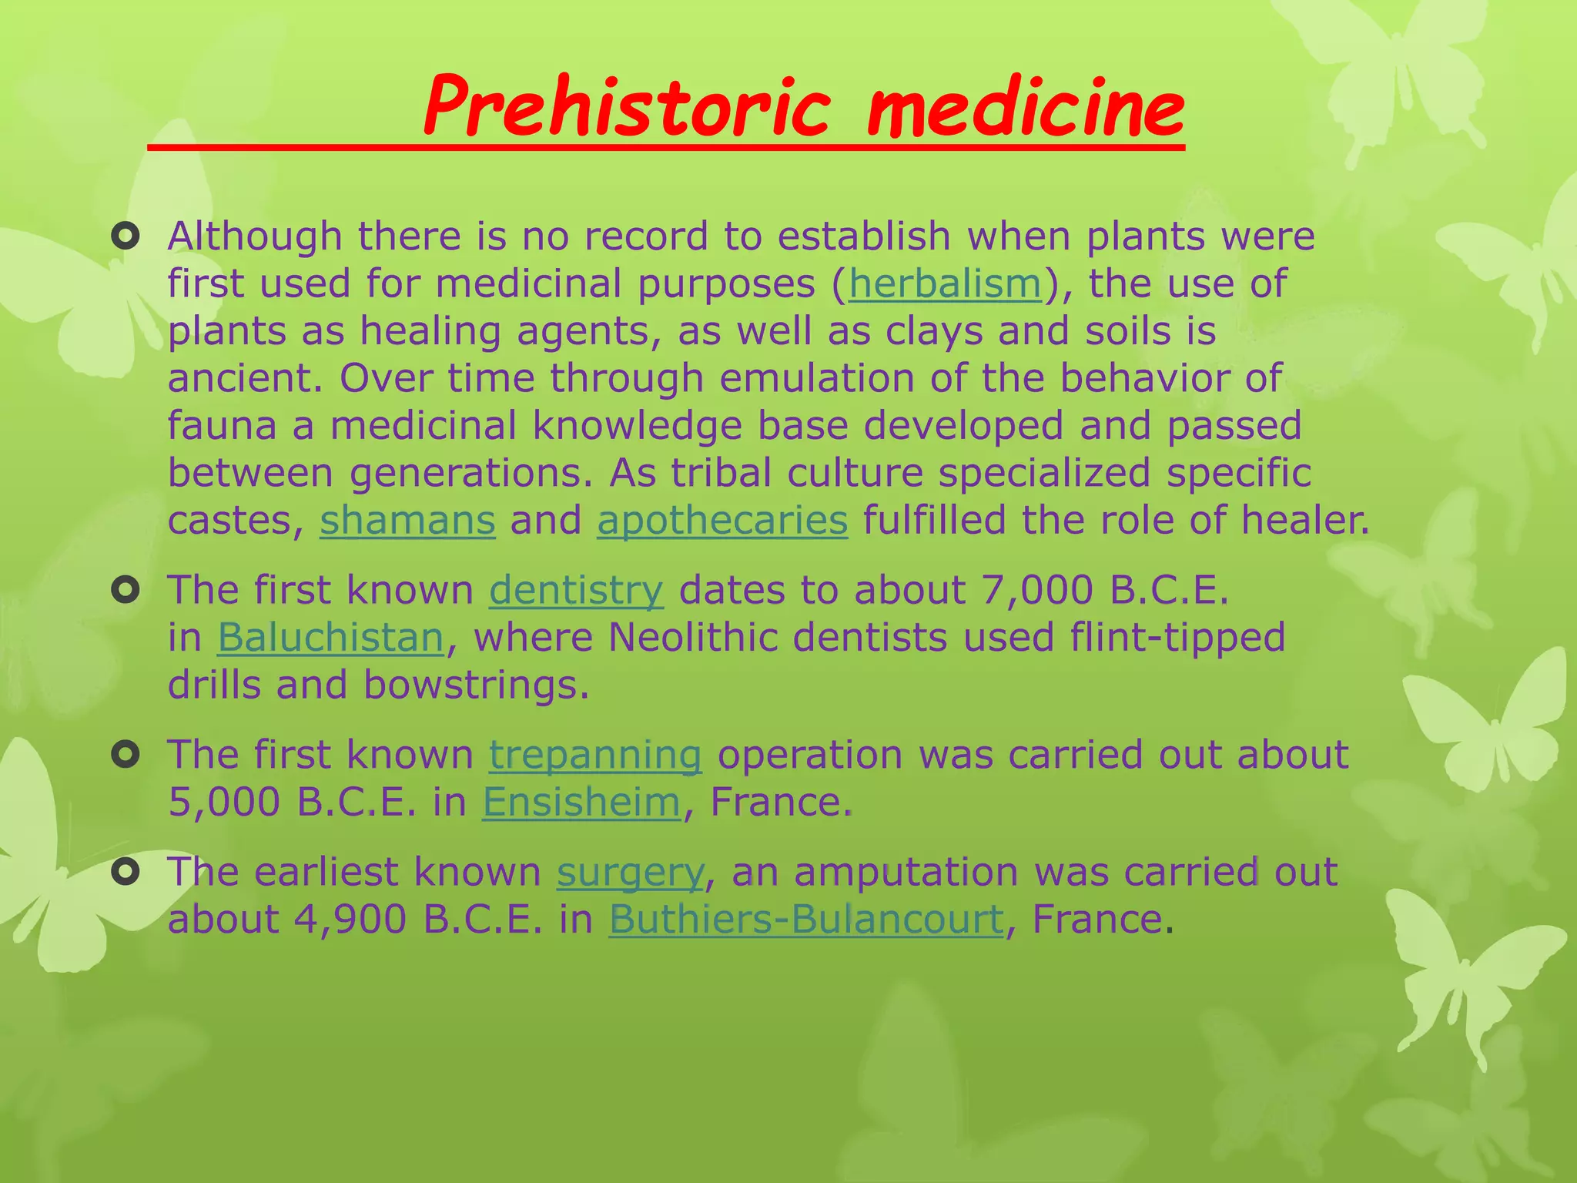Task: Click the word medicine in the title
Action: pyautogui.click(x=1025, y=108)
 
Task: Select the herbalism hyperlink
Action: pyautogui.click(x=945, y=283)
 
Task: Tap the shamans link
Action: pyautogui.click(x=407, y=520)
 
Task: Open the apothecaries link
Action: pyautogui.click(x=722, y=520)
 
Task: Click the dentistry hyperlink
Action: pyautogui.click(x=576, y=590)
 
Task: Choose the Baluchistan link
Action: pyautogui.click(x=331, y=638)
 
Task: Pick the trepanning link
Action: pyautogui.click(x=595, y=755)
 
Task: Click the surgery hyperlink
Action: pyautogui.click(x=630, y=872)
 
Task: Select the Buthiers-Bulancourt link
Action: pyautogui.click(x=806, y=919)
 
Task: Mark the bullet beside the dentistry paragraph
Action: pyautogui.click(x=125, y=591)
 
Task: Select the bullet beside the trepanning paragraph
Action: pyautogui.click(x=125, y=755)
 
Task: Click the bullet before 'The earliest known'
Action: pyautogui.click(x=125, y=873)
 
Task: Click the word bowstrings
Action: pyautogui.click(x=476, y=685)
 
